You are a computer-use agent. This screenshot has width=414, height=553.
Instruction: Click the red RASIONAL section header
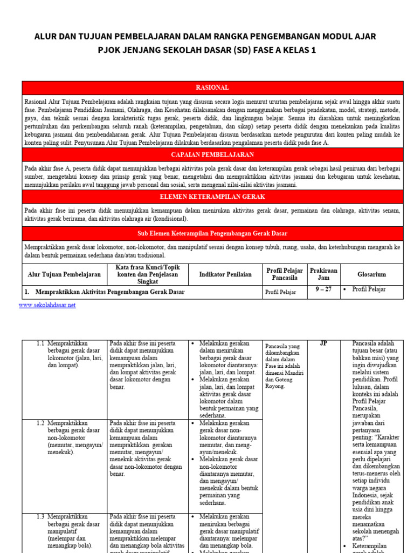click(x=212, y=87)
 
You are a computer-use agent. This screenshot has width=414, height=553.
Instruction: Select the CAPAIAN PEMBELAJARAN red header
click(x=212, y=155)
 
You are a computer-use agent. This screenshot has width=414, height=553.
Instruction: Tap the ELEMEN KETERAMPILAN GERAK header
click(x=212, y=197)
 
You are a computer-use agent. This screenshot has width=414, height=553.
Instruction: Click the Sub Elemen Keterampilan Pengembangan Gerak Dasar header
click(x=212, y=233)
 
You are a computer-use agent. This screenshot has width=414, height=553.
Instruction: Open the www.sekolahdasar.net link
click(x=47, y=305)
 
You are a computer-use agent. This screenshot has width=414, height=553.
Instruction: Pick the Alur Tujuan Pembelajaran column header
click(x=64, y=274)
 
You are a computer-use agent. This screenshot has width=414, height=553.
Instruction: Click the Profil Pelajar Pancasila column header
click(x=285, y=274)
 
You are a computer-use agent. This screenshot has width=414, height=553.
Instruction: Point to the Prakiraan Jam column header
click(x=324, y=274)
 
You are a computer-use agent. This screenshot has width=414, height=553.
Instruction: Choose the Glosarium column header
click(x=371, y=274)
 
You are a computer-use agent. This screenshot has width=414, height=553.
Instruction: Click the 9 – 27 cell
click(x=323, y=289)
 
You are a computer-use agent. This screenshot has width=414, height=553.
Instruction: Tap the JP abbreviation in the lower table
click(x=323, y=343)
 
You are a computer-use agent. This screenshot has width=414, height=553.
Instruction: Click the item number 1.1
click(x=40, y=343)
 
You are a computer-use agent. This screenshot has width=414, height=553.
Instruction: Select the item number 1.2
click(x=40, y=423)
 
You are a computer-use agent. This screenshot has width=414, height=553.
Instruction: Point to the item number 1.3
click(x=40, y=517)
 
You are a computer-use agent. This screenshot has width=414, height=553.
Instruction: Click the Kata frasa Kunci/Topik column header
click(x=148, y=274)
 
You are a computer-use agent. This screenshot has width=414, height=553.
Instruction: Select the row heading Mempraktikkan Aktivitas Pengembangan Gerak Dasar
click(x=110, y=292)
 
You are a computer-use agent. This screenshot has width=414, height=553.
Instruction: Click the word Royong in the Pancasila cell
click(x=274, y=386)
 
